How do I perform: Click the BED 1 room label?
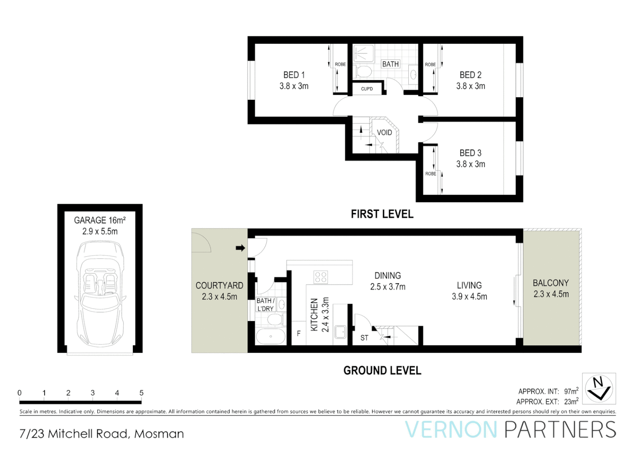294,75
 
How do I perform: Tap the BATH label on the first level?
390,64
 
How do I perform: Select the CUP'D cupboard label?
367,89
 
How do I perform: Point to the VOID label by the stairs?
384,133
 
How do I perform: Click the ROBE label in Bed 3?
430,174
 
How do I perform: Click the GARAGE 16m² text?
100,220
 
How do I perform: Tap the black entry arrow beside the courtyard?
240,248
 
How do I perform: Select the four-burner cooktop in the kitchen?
321,277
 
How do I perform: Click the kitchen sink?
340,332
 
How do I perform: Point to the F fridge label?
299,334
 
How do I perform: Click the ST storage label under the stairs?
364,338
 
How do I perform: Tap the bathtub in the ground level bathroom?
271,337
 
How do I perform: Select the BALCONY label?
551,283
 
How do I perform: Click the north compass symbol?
599,388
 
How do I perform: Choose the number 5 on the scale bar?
141,393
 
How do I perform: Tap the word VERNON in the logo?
451,430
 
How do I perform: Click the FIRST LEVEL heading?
382,214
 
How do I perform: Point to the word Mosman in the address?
159,434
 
